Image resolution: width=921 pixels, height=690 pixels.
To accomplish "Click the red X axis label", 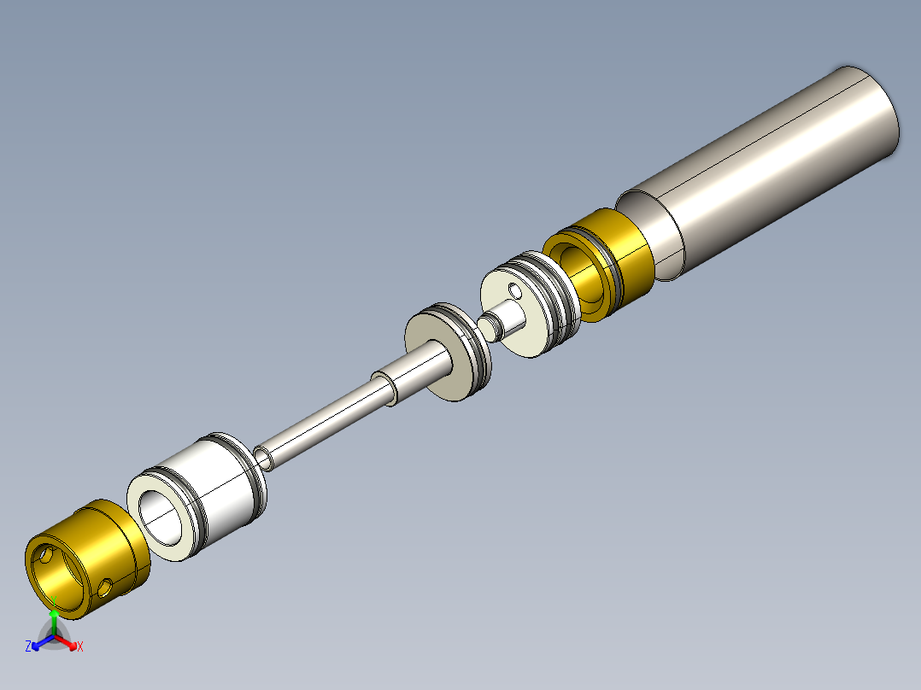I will [x=80, y=647].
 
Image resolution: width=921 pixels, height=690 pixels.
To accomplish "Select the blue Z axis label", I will [x=28, y=646].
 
